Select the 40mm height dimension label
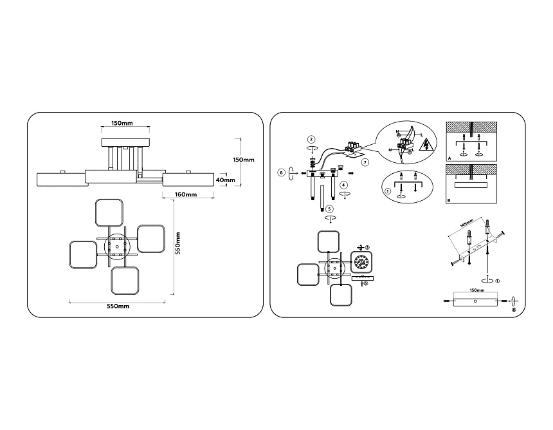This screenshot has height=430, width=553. [225, 180]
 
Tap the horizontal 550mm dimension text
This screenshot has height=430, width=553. [118, 306]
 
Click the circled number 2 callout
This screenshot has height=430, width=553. [311, 139]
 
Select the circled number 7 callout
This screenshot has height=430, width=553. [365, 162]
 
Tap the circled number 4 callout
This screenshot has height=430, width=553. [344, 185]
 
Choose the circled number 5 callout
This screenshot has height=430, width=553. [329, 209]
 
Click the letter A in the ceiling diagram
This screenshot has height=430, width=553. [448, 158]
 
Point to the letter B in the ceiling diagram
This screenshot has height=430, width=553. [448, 200]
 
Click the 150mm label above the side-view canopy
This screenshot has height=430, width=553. [122, 123]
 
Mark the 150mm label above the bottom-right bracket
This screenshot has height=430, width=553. [476, 290]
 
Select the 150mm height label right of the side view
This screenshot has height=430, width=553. [244, 159]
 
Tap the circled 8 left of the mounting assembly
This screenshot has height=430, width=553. [282, 172]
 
